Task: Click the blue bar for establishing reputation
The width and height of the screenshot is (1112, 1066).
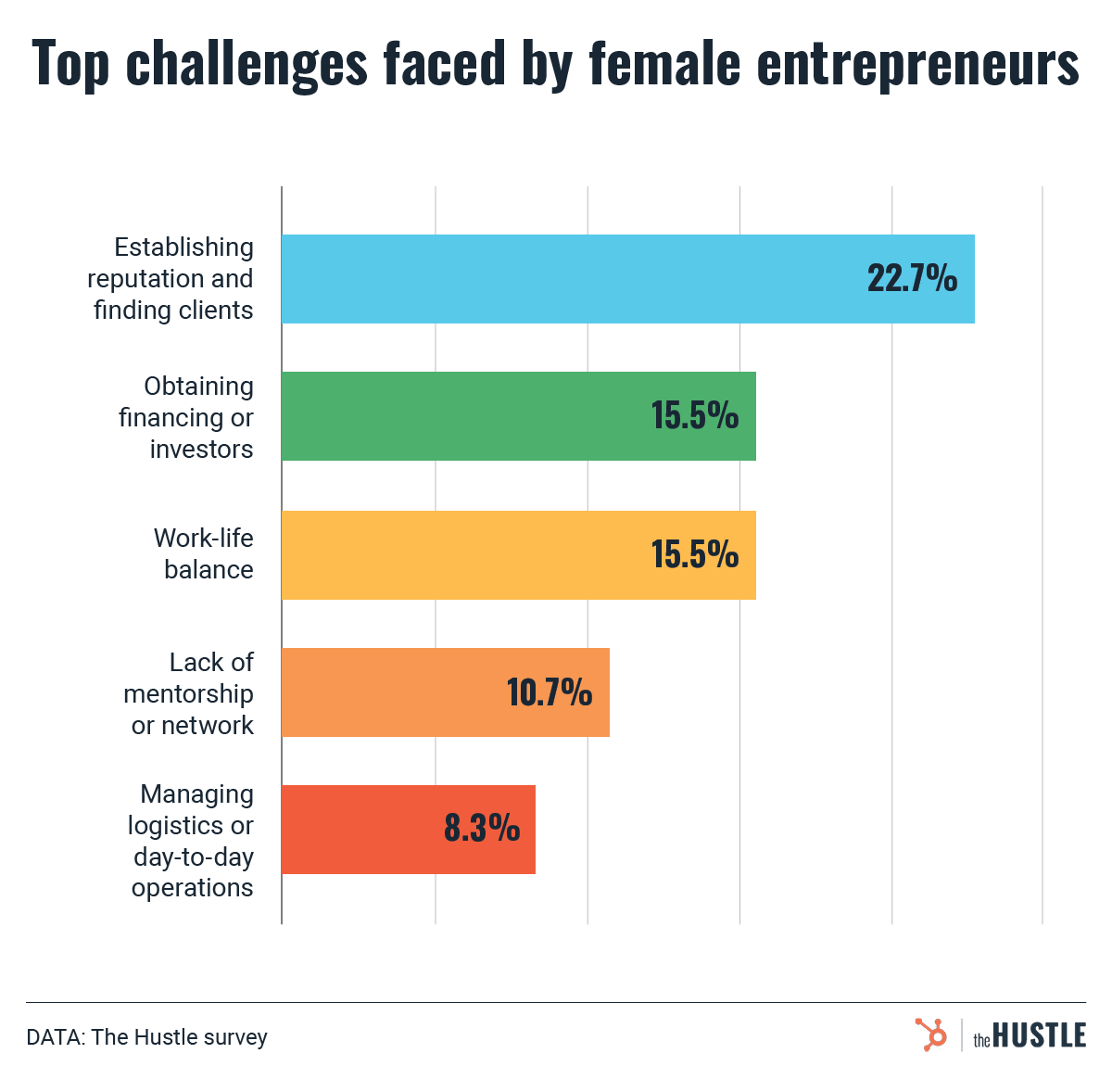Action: [556, 278]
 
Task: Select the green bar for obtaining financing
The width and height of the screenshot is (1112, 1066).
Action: [463, 416]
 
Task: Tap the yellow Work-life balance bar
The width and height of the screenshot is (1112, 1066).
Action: [463, 554]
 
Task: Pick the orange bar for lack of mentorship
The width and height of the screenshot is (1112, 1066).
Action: [389, 692]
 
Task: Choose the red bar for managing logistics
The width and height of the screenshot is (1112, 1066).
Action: [361, 830]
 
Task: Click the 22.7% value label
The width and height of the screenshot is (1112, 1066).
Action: [912, 278]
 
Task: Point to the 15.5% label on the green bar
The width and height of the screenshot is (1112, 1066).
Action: [694, 416]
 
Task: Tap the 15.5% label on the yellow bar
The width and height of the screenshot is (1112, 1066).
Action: [694, 554]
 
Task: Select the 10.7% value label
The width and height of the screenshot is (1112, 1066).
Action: [549, 692]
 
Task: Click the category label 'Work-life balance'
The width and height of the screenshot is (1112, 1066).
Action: [205, 553]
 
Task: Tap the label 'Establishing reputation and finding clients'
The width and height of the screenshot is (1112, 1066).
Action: [172, 278]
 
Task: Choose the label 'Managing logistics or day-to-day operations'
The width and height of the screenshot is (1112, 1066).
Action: [192, 841]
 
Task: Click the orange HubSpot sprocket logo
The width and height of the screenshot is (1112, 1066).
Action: [930, 1034]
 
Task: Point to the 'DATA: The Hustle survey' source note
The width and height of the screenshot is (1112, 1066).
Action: [146, 1036]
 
